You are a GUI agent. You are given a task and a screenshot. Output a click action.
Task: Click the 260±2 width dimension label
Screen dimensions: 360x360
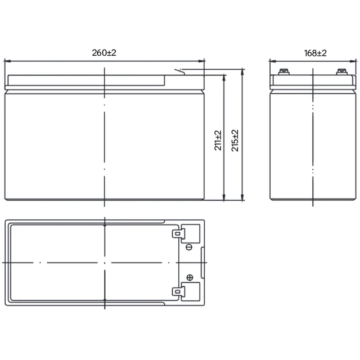(104, 53)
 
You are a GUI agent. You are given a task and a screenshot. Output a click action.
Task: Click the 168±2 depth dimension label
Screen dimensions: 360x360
(315, 53)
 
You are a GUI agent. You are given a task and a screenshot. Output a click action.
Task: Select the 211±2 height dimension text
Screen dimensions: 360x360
(218, 140)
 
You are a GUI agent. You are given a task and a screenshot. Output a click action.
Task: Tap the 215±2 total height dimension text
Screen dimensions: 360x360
(235, 141)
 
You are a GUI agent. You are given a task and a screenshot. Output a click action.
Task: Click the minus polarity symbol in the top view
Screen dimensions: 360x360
(189, 247)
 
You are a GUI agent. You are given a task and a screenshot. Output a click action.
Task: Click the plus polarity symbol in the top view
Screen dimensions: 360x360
(190, 277)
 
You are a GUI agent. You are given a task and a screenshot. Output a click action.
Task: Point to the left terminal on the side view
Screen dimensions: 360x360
(283, 72)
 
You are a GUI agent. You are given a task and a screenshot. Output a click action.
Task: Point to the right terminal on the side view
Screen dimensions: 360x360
(342, 72)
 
